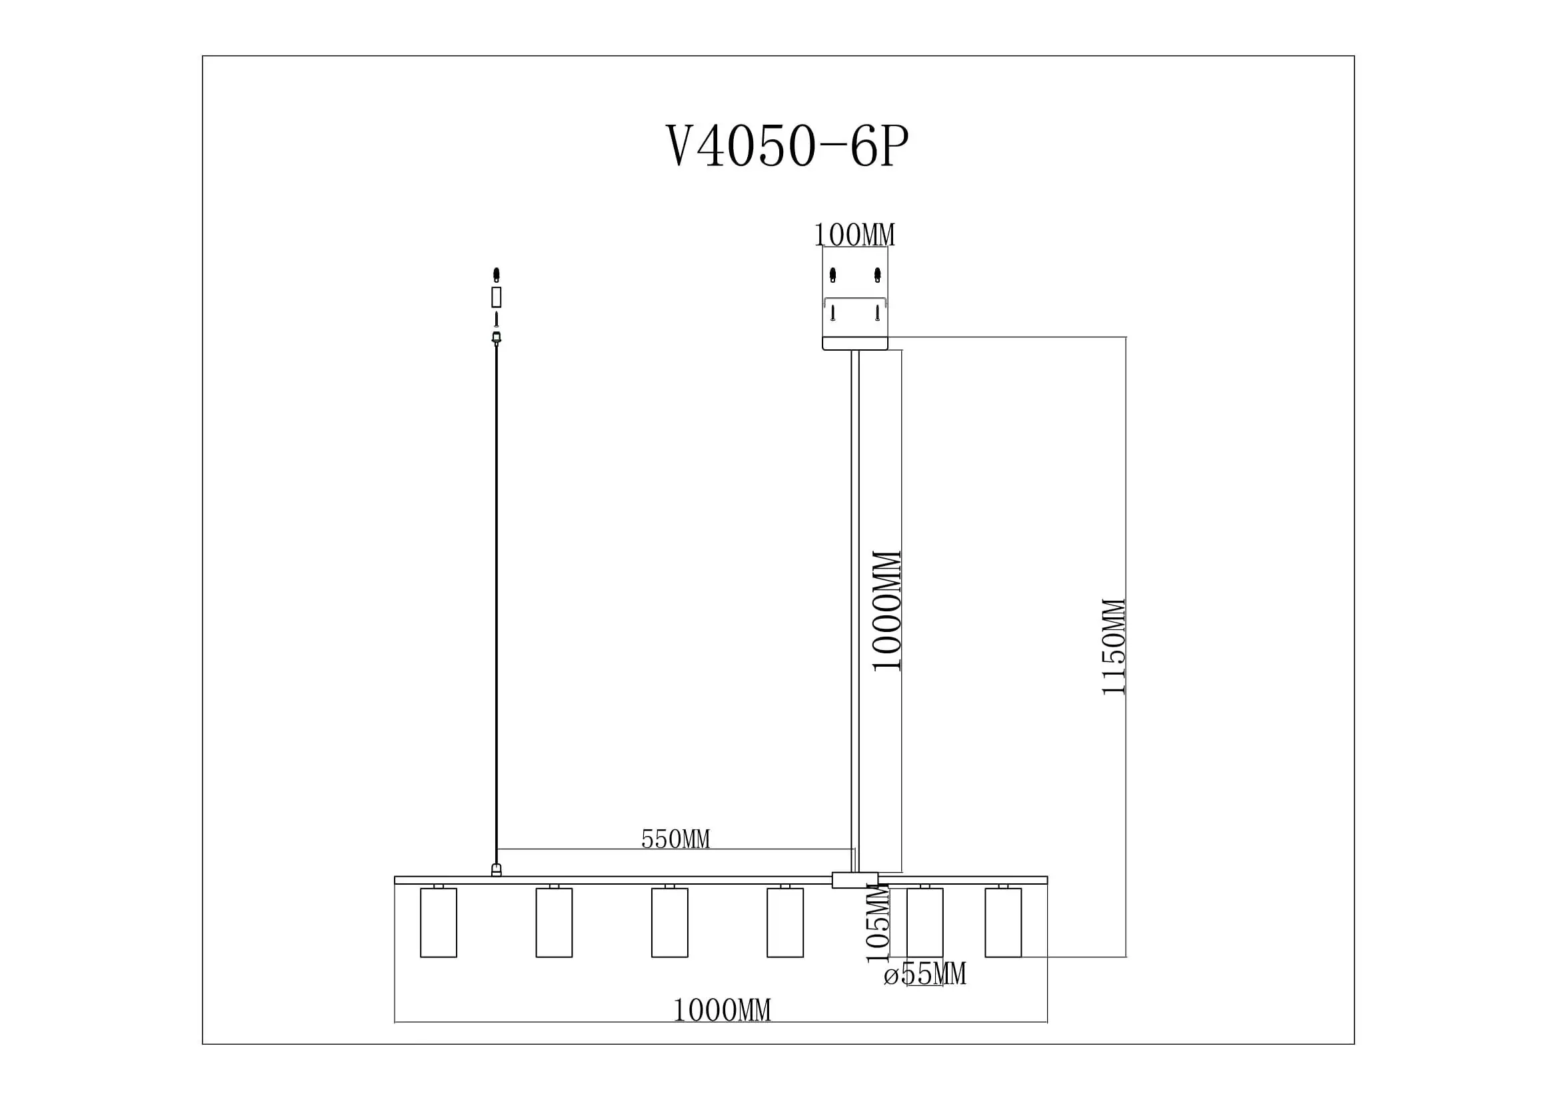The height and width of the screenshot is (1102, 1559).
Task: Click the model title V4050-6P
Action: click(786, 147)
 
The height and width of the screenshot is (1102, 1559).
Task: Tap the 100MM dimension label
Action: click(854, 235)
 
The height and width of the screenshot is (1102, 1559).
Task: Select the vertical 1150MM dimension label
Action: click(1114, 647)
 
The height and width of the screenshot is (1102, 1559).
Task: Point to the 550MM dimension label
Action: click(676, 840)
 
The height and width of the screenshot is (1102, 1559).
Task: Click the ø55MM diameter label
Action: click(925, 975)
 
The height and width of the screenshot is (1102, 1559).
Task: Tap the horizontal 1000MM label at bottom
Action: click(722, 1011)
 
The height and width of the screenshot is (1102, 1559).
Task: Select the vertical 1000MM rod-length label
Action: click(886, 611)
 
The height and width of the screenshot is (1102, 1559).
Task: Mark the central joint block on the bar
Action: click(855, 880)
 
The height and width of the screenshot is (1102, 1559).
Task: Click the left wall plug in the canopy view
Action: click(833, 275)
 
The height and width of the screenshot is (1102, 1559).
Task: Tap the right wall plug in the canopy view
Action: click(877, 275)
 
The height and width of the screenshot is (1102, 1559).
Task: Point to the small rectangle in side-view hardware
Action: click(497, 297)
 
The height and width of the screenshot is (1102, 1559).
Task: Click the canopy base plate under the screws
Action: click(855, 343)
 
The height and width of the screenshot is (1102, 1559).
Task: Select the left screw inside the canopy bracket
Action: click(833, 313)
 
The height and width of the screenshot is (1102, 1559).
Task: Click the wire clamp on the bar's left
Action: click(497, 870)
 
